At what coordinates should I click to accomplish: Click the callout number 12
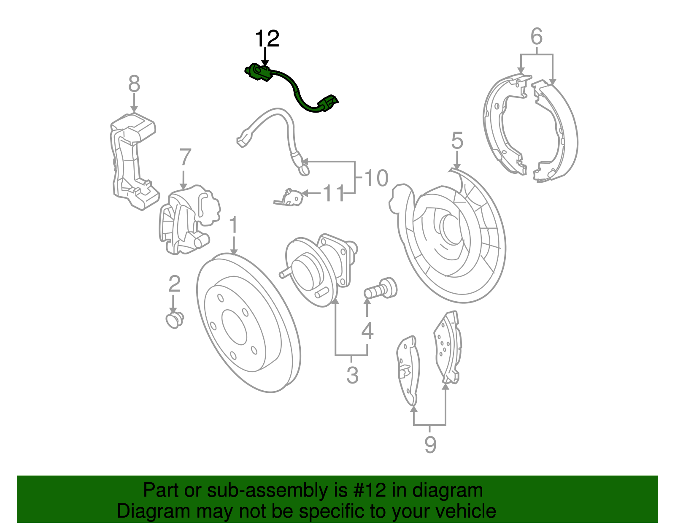pyautogui.click(x=267, y=39)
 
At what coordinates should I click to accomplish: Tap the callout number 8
pyautogui.click(x=134, y=84)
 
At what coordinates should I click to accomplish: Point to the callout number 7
pyautogui.click(x=185, y=158)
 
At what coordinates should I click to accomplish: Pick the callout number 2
pyautogui.click(x=174, y=284)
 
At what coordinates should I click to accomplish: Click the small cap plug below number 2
pyautogui.click(x=174, y=320)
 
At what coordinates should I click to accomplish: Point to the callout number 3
pyautogui.click(x=352, y=375)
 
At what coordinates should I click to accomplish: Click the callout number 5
pyautogui.click(x=457, y=141)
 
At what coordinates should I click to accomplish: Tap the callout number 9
pyautogui.click(x=430, y=444)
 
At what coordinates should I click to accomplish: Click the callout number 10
pyautogui.click(x=376, y=178)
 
